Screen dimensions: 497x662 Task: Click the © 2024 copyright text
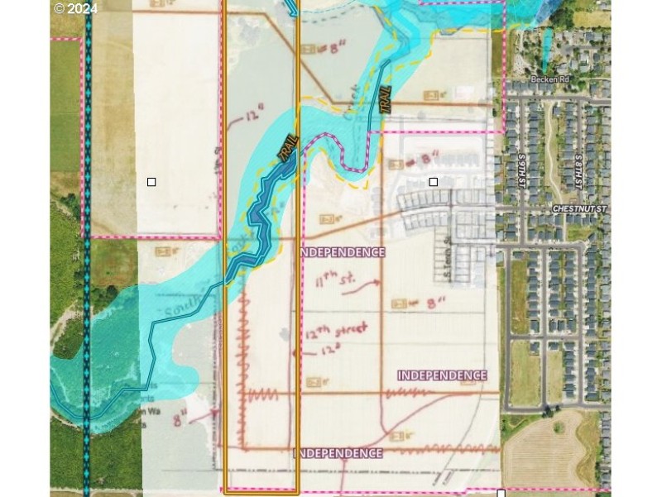point(75,9)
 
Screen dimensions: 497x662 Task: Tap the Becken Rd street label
point(550,79)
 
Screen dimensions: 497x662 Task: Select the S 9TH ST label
point(522,170)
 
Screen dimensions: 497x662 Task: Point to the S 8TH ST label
point(578,170)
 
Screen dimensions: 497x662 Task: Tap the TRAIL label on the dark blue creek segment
point(288,149)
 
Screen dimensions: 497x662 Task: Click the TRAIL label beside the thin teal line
point(385,100)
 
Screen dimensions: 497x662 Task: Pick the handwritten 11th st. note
point(335,280)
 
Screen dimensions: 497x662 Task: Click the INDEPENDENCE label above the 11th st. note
point(341,252)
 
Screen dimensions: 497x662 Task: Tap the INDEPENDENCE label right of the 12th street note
point(442,375)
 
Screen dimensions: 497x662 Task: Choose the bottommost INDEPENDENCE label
point(338,453)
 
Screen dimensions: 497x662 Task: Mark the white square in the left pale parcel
point(151,182)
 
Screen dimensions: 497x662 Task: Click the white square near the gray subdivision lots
point(433,182)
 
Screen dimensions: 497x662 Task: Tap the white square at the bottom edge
point(501,493)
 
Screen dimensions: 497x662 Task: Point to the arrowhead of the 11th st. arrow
point(379,282)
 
